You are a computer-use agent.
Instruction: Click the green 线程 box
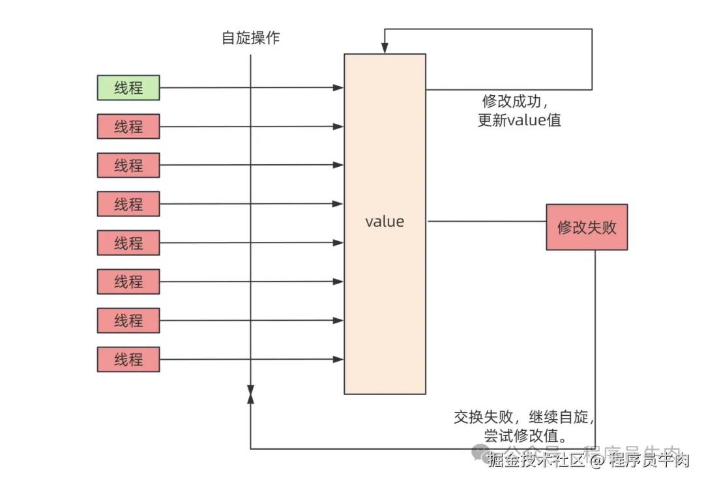(128, 87)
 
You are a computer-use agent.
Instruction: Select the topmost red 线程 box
(128, 126)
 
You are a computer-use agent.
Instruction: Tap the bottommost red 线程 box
(128, 359)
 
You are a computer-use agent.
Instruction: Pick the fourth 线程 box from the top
(128, 204)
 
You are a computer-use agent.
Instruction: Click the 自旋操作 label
(250, 38)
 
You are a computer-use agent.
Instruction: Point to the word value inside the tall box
(385, 222)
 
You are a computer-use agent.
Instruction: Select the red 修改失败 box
(587, 227)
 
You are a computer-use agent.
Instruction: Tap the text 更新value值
(519, 121)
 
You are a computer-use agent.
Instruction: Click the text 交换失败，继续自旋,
(525, 417)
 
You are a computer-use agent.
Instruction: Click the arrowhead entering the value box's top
(385, 48)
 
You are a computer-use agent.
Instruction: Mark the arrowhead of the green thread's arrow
(338, 87)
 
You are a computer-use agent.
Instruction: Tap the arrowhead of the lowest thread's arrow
(338, 359)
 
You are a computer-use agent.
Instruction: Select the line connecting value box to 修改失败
(486, 222)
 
